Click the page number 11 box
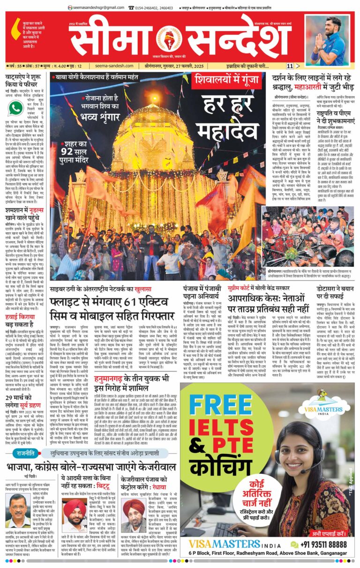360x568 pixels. pos(290,66)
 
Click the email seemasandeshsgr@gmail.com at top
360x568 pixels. pos(98,8)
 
